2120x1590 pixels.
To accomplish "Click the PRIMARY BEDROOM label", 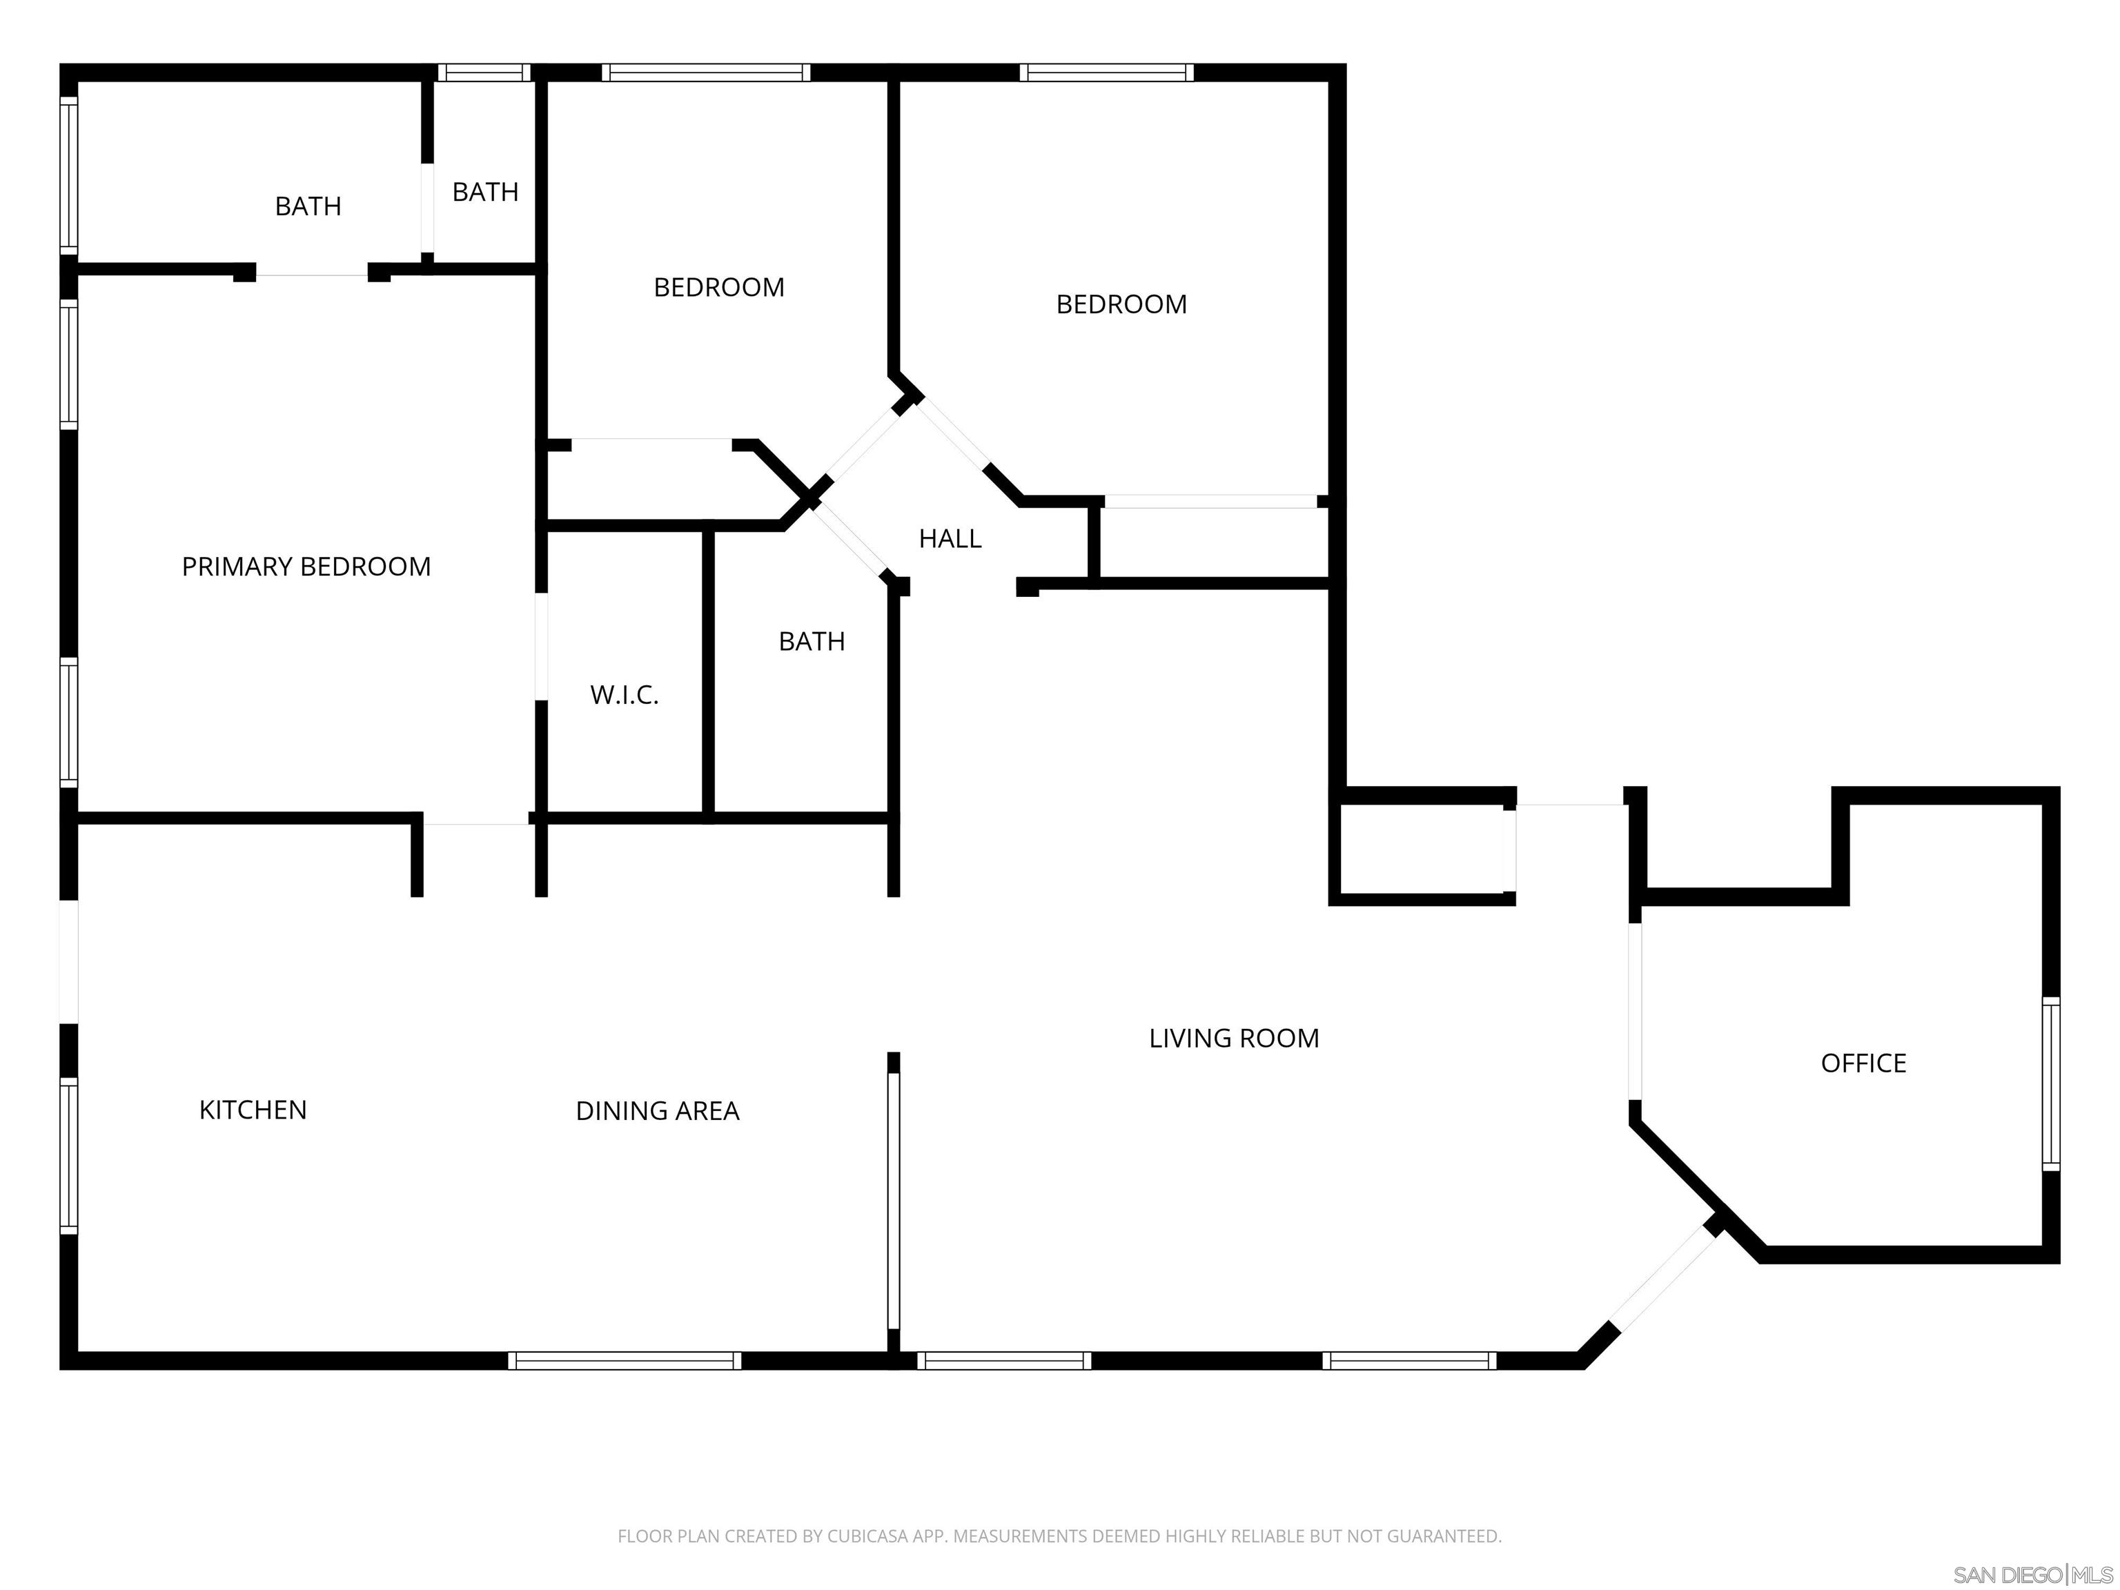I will pyautogui.click(x=306, y=567).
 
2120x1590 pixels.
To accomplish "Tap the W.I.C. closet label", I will pyautogui.click(x=624, y=695).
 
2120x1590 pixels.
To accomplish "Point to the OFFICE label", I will pyautogui.click(x=1863, y=1063).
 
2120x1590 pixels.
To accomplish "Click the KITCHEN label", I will pyautogui.click(x=253, y=1110).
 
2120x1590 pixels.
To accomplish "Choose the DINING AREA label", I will pyautogui.click(x=658, y=1111).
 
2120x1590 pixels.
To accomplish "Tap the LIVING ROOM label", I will pyautogui.click(x=1233, y=1038).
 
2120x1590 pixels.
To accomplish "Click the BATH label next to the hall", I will pyautogui.click(x=812, y=641).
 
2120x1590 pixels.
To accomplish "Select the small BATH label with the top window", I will pyautogui.click(x=485, y=192).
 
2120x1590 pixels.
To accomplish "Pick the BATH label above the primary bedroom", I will pyautogui.click(x=308, y=206).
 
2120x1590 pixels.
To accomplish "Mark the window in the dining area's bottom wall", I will pyautogui.click(x=625, y=1360).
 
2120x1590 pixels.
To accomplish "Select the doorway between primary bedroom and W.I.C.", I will pyautogui.click(x=542, y=647).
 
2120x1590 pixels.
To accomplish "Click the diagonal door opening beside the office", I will pyautogui.click(x=1664, y=1277).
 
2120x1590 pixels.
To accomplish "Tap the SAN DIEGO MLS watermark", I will pyautogui.click(x=2032, y=1575).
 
